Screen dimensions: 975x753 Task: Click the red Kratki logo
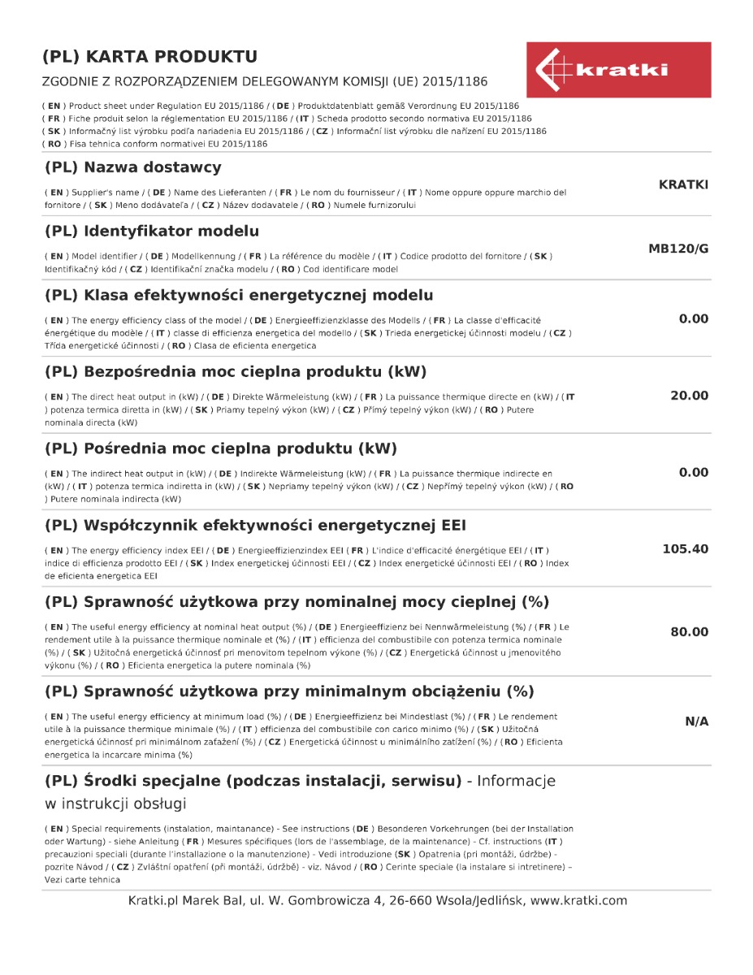(618, 70)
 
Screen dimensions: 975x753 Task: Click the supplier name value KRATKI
(683, 185)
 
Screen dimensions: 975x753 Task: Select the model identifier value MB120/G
(678, 249)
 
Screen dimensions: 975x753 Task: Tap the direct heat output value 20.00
(689, 396)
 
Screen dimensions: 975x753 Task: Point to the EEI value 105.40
(686, 549)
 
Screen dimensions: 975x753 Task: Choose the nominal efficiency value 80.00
(689, 632)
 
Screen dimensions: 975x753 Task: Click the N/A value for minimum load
(697, 721)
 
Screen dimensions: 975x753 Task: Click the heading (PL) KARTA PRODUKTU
(150, 57)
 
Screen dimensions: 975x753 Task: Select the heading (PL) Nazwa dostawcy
(132, 168)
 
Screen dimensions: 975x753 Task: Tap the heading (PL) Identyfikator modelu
(152, 232)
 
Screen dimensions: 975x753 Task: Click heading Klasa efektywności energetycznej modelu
(239, 295)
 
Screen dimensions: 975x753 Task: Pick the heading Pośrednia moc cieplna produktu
(221, 448)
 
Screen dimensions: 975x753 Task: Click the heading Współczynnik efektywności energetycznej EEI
(255, 525)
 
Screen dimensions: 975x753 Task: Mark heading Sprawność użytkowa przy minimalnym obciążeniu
(289, 692)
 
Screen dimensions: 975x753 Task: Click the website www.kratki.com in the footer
(578, 900)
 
